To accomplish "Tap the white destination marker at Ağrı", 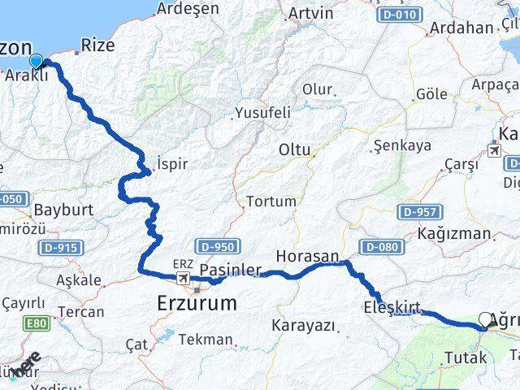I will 486,320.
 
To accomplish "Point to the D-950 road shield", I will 215,245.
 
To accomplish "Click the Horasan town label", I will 307,256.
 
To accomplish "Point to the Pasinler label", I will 230,269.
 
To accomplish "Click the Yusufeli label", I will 262,113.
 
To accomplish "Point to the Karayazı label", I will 305,325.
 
